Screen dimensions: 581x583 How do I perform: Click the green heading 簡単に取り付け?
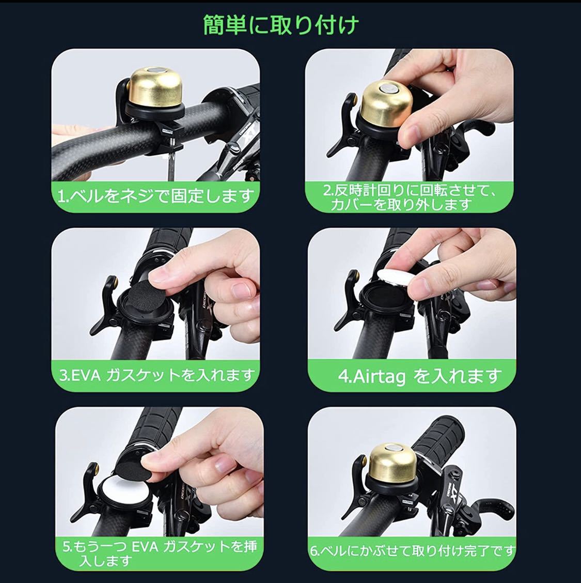281,25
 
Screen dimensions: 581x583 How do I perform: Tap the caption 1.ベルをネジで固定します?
156,196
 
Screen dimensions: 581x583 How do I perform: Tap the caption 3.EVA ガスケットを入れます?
158,375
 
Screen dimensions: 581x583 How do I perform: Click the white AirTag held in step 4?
395,279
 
